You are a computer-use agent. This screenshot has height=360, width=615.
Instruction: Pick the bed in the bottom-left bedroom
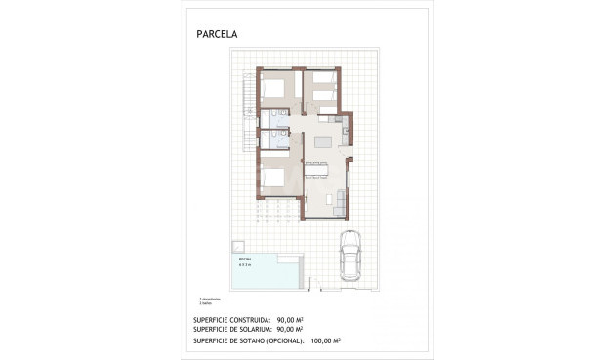click(272, 178)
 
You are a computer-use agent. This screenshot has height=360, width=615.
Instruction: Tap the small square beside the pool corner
click(237, 244)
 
